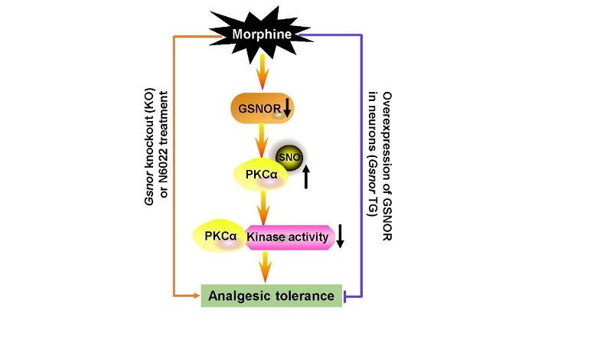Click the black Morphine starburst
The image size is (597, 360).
point(263,34)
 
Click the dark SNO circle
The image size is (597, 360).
point(289,157)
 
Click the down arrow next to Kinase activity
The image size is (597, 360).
point(341,239)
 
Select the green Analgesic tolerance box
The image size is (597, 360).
point(271,295)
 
